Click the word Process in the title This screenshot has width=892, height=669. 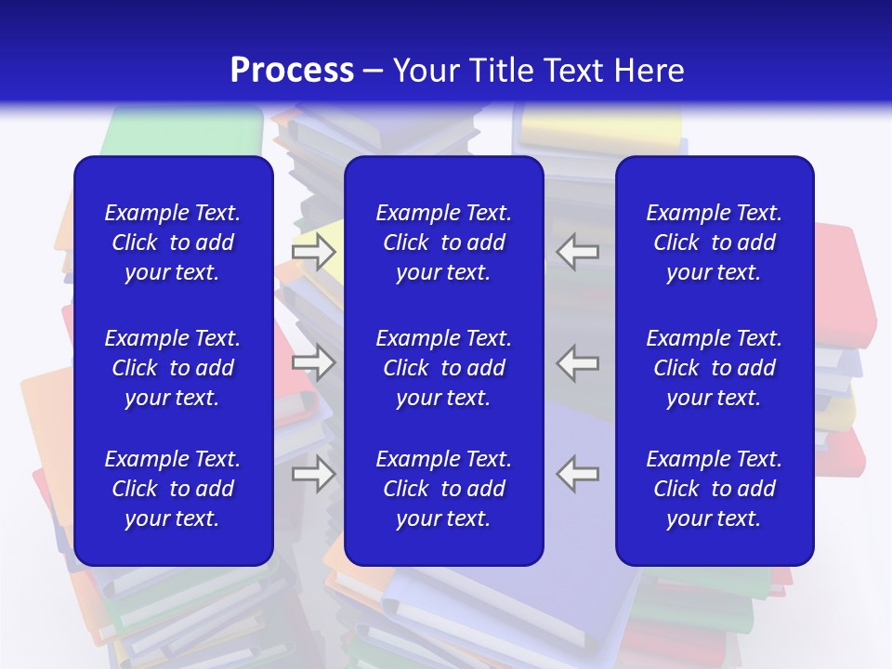pyautogui.click(x=292, y=71)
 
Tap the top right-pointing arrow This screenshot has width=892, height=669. pyautogui.click(x=313, y=251)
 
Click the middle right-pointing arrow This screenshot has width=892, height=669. pyautogui.click(x=313, y=362)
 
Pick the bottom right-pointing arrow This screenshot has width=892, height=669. pyautogui.click(x=313, y=474)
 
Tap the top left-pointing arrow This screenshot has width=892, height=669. pyautogui.click(x=578, y=251)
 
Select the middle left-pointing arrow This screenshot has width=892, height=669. pyautogui.click(x=578, y=362)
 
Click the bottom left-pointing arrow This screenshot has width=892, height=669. pyautogui.click(x=578, y=474)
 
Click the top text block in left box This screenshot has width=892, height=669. pyautogui.click(x=173, y=243)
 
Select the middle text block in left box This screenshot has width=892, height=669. pyautogui.click(x=173, y=368)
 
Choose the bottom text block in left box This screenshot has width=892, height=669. pyautogui.click(x=173, y=489)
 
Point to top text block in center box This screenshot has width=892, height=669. pyautogui.click(x=443, y=243)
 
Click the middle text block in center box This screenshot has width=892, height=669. pyautogui.click(x=443, y=368)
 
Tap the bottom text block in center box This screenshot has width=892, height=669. pyautogui.click(x=443, y=489)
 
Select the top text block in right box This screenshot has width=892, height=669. pyautogui.click(x=714, y=243)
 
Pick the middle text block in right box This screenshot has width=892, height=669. pyautogui.click(x=714, y=368)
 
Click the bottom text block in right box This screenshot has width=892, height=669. pyautogui.click(x=714, y=489)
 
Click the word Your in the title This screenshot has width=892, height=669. pyautogui.click(x=426, y=71)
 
